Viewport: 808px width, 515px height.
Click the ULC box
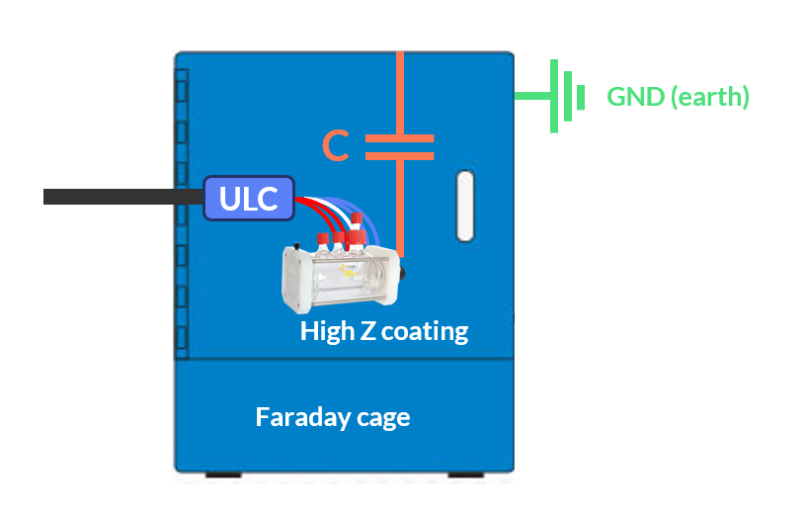coord(249,198)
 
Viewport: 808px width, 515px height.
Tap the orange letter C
coord(337,147)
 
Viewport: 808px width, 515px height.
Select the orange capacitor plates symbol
coord(400,147)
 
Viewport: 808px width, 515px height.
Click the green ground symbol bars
coord(568,97)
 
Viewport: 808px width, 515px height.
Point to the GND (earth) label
coord(678,97)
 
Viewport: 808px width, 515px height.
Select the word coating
coord(425,330)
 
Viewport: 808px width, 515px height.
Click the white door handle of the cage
coord(465,206)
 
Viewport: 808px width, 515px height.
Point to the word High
coord(327,330)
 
